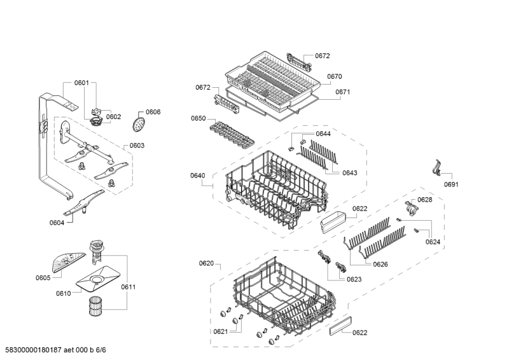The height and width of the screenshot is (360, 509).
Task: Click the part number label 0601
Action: point(81,83)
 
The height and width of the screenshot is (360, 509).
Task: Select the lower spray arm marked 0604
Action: point(83,205)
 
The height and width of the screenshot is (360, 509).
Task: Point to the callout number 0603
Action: point(137,146)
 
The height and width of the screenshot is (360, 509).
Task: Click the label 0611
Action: point(129,287)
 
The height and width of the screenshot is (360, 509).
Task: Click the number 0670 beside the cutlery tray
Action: point(335,77)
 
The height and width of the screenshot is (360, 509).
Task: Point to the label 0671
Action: point(343,92)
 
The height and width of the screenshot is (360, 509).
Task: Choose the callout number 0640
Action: point(197,176)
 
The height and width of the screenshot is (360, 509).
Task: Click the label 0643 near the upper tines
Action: point(349,173)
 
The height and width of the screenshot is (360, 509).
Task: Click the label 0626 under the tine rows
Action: point(380,264)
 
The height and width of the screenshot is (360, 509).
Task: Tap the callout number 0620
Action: point(206,263)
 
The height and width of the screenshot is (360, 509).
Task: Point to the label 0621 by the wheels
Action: point(220,331)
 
